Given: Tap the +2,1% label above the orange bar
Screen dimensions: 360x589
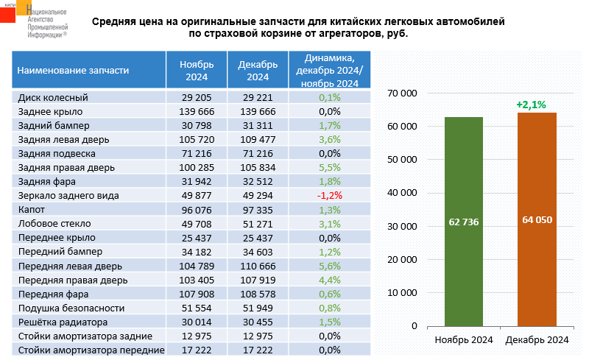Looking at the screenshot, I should tap(531, 105).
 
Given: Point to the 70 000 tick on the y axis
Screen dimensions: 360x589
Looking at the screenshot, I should tap(403, 93).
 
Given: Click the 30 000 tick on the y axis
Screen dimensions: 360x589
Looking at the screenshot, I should tap(403, 226).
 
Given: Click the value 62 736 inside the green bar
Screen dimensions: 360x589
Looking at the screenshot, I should tap(464, 220).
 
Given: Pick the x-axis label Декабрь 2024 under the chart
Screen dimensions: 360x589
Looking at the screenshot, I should tap(537, 339).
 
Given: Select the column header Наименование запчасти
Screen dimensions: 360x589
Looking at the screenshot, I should tap(73, 71).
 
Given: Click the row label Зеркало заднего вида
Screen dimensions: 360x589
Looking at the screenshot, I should tap(67, 195).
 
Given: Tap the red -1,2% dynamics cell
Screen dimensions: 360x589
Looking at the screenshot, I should tap(329, 195).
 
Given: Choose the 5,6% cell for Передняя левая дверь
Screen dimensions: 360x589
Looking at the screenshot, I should tap(329, 266).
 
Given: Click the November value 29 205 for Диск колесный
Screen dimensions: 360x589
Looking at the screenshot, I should tap(196, 97).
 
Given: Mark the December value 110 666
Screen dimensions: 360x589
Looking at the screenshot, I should tap(257, 266).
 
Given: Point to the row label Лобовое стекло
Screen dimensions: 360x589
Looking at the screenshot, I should tap(54, 223).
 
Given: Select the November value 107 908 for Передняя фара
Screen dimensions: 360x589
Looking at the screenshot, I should tap(196, 294).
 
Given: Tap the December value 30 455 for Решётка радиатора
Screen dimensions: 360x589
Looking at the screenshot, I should tap(257, 322).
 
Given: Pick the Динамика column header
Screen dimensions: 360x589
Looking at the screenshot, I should tap(329, 71).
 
